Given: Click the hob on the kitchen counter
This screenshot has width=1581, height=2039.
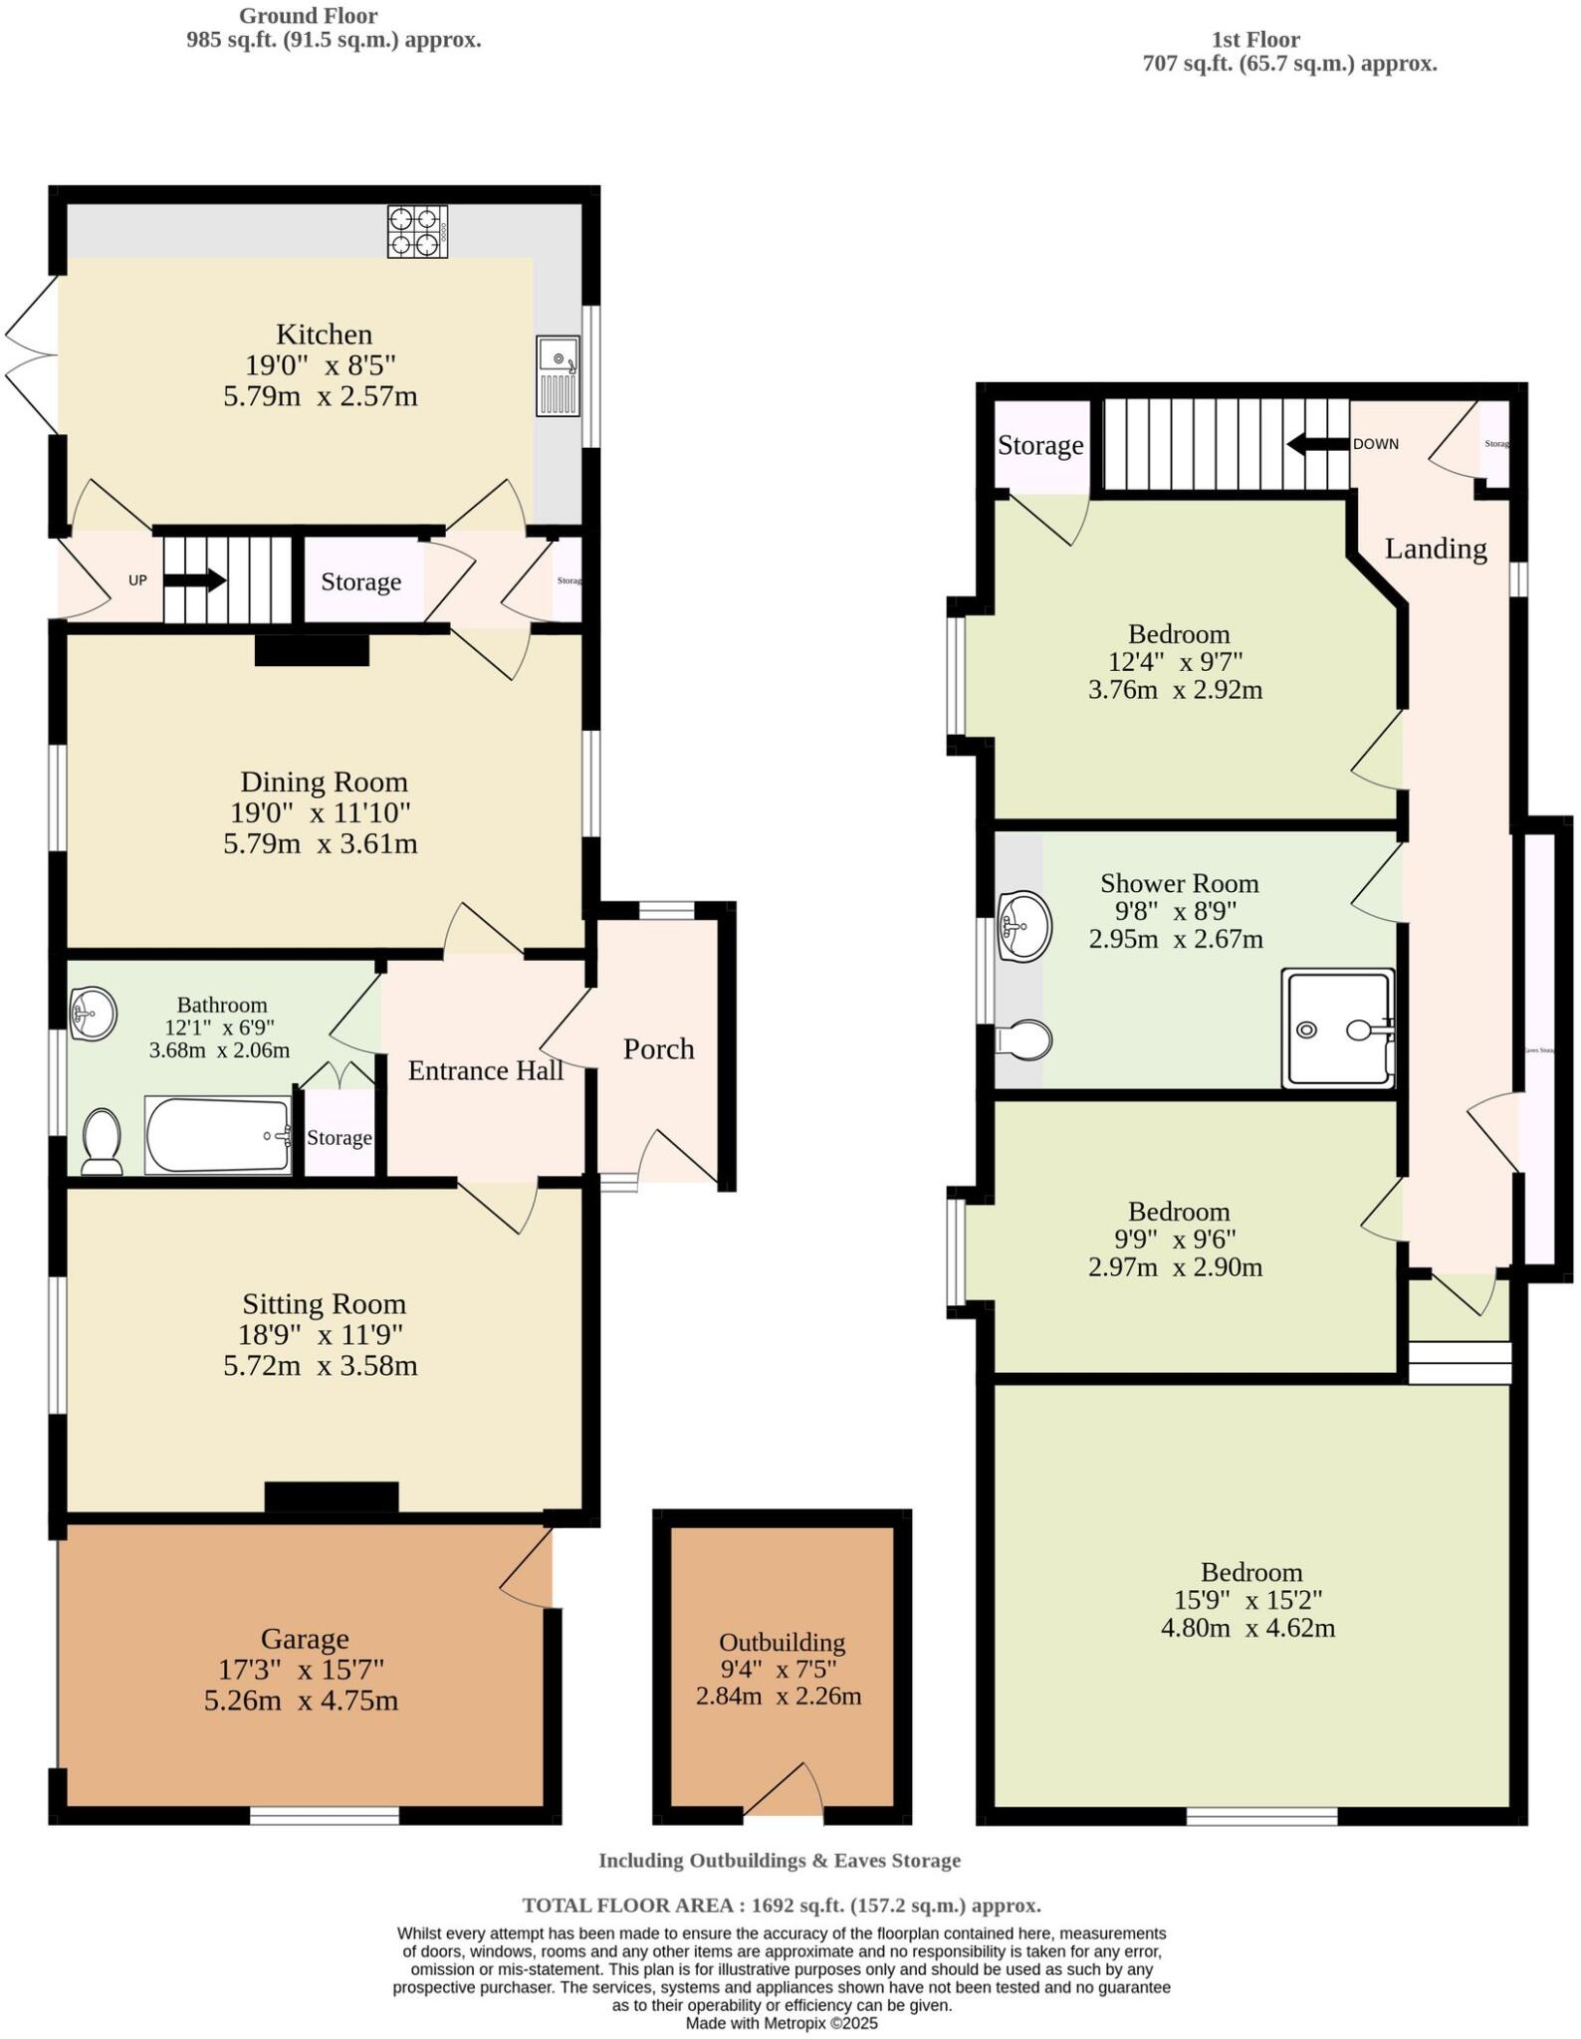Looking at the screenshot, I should point(417,231).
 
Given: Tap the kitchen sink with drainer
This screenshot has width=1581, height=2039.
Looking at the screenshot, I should point(558,375).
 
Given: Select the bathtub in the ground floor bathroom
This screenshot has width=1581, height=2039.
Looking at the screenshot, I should point(219,1135).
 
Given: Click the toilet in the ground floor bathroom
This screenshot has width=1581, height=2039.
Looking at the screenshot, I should point(102,1142).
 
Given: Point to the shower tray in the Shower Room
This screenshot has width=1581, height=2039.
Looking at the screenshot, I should point(1337,1027).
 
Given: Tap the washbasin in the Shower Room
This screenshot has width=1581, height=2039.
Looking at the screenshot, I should point(1025,926).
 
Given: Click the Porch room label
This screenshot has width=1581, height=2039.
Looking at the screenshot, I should point(658,1048).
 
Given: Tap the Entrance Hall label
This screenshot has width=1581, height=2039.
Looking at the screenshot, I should point(486,1070).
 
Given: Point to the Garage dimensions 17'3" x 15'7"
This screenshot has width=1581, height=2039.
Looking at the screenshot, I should point(301,1668).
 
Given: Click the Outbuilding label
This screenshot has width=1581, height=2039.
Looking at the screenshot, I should point(782,1642).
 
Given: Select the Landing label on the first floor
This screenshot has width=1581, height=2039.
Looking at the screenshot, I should point(1436,549).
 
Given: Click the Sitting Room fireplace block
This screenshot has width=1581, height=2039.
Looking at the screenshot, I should point(332,1496).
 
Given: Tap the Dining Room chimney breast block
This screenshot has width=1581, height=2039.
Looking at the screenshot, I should point(312,651).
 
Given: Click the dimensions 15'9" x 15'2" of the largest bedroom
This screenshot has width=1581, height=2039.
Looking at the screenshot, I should point(1251,1600).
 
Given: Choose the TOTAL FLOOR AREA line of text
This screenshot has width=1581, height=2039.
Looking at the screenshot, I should point(782,1906).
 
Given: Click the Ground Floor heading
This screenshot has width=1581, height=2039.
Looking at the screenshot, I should point(308,16).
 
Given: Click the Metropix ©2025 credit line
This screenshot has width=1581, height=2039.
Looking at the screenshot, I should point(782,2024).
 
